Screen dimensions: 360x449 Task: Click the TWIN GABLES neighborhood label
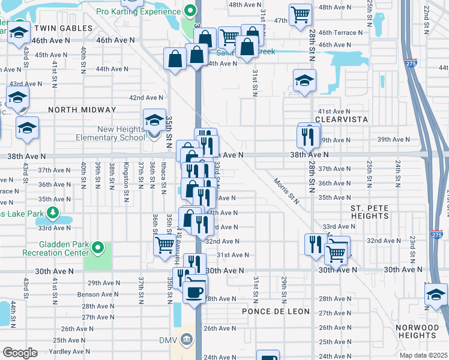click(63, 28)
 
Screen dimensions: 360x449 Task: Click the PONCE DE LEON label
click(276, 311)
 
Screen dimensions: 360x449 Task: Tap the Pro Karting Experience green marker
click(190, 10)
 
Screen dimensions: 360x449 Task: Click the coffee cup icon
click(193, 292)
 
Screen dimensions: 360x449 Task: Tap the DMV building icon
click(187, 340)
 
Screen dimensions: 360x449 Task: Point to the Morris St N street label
click(286, 190)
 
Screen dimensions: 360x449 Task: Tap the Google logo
click(19, 353)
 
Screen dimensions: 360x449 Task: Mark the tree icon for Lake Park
click(53, 212)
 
